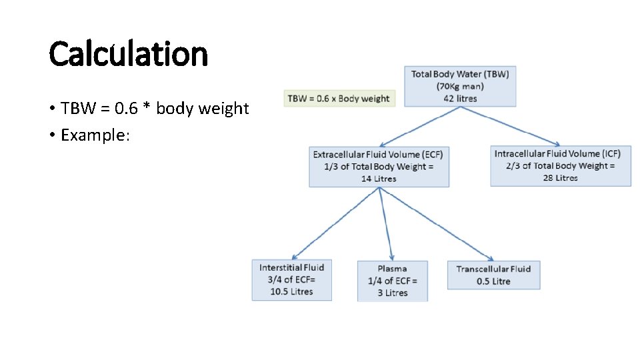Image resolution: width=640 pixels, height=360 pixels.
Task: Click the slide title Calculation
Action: point(128,54)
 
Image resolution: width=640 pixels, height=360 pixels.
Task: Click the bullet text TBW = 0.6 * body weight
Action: point(154,108)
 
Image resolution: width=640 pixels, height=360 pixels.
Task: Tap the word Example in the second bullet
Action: point(93,135)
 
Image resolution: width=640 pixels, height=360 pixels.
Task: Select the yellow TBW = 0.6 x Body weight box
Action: point(339,99)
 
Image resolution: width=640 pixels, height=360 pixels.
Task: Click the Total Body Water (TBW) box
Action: point(460,86)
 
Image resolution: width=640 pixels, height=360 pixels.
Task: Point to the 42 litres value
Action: point(460,99)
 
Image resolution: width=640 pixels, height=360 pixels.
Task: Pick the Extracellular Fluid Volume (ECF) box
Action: point(379,167)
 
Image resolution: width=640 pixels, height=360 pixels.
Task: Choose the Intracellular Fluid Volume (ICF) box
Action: point(560,166)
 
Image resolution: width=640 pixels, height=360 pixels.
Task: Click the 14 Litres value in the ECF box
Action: point(379,179)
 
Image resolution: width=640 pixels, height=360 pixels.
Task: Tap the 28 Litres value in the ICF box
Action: point(560,178)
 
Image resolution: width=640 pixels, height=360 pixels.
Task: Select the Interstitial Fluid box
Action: point(291,280)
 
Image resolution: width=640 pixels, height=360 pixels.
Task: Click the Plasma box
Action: point(392,281)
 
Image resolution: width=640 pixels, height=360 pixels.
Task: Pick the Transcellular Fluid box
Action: point(493,275)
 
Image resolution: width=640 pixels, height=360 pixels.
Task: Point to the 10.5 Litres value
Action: point(291,292)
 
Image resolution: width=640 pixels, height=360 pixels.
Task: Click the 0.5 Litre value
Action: point(493,281)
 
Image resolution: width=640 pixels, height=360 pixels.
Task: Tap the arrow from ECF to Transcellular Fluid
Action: point(437,224)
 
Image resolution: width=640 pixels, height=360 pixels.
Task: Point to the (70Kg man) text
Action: point(460,86)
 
